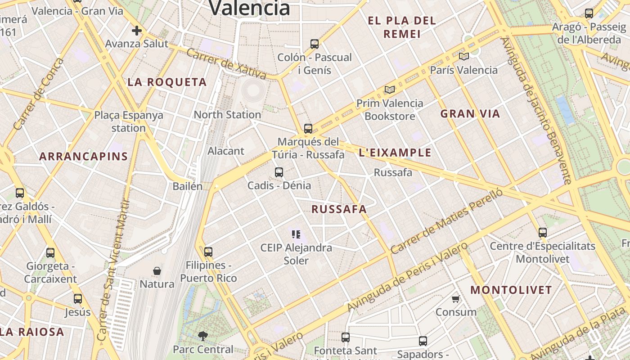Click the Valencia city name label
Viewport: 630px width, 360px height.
point(250,8)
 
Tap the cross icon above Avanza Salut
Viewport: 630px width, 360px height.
point(137,31)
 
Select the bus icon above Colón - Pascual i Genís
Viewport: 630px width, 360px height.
point(315,44)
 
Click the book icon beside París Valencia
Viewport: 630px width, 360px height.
point(463,57)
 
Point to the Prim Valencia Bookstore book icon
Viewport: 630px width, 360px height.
point(389,90)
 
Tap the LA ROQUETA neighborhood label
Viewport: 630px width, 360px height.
point(167,82)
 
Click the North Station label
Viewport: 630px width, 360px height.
point(227,115)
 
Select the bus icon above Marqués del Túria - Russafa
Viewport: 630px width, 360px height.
point(308,129)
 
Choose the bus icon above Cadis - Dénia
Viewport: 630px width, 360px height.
point(279,172)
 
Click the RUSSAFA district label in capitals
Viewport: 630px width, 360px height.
point(339,209)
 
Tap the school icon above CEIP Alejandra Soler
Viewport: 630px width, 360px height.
point(296,234)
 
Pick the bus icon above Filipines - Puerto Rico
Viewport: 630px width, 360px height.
point(208,252)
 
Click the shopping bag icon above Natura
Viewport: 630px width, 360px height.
point(157,271)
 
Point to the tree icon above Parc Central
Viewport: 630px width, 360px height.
point(203,336)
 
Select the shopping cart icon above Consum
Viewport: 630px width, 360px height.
point(456,299)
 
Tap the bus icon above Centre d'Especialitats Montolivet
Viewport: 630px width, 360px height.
point(543,233)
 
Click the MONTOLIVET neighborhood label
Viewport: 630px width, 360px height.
point(511,290)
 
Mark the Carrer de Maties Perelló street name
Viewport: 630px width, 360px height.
point(446,221)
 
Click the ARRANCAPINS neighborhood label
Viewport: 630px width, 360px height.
point(83,157)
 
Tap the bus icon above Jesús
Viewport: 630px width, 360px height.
point(78,299)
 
